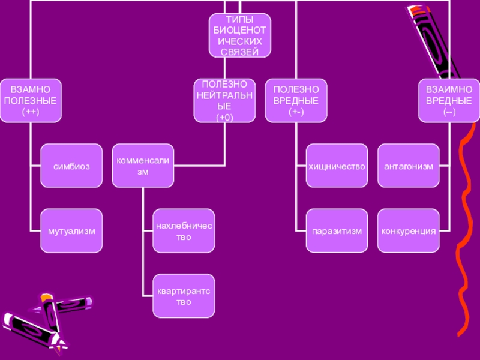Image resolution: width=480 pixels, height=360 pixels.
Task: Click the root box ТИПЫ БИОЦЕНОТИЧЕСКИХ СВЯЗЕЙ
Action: point(239,36)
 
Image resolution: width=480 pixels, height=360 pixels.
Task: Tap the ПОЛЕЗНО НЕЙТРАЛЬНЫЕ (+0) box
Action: point(225,100)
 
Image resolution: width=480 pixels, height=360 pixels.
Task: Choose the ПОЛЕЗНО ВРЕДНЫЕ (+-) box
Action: point(296,100)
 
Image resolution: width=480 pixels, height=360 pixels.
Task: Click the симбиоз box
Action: point(71,166)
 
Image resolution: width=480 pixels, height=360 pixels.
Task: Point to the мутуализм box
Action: point(71,230)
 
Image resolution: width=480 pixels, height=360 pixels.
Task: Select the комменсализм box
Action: point(143,166)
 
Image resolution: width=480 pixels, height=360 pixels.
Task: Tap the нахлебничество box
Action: point(183,230)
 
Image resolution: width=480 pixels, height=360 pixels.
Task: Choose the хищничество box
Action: point(337,166)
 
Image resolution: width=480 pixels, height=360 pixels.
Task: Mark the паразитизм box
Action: point(337,230)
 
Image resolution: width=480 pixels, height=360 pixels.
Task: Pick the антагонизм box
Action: point(408,166)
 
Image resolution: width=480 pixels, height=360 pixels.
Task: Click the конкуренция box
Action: point(408,230)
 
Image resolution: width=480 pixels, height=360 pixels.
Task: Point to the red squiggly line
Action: point(465,240)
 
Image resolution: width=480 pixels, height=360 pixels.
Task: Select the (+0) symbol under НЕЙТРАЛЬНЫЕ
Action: point(225,118)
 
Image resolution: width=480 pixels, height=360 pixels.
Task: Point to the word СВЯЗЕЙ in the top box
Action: point(239,52)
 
